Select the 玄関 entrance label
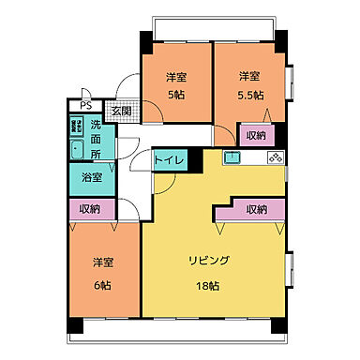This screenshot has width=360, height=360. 121,111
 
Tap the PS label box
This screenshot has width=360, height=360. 85,105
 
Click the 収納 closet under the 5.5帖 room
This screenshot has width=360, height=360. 255,135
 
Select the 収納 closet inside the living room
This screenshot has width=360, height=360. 256,210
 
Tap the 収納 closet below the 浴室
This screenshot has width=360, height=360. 91,209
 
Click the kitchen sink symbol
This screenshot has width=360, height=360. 231,159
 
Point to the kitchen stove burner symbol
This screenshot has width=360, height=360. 275,158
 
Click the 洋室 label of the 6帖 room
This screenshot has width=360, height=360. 103,261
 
